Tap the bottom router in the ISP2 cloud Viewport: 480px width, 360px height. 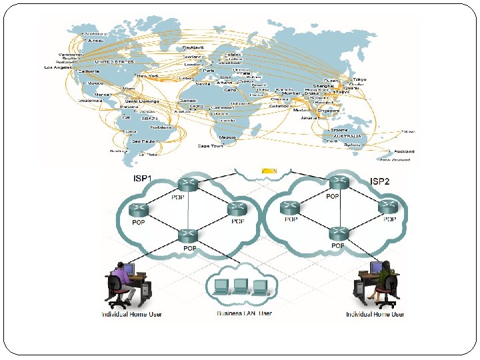(x=338, y=234)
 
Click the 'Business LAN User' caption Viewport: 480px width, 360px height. (x=244, y=313)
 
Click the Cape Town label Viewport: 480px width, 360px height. (x=210, y=145)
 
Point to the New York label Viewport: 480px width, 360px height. (x=147, y=76)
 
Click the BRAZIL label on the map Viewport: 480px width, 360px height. (x=149, y=118)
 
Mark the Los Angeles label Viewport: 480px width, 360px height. (x=58, y=67)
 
